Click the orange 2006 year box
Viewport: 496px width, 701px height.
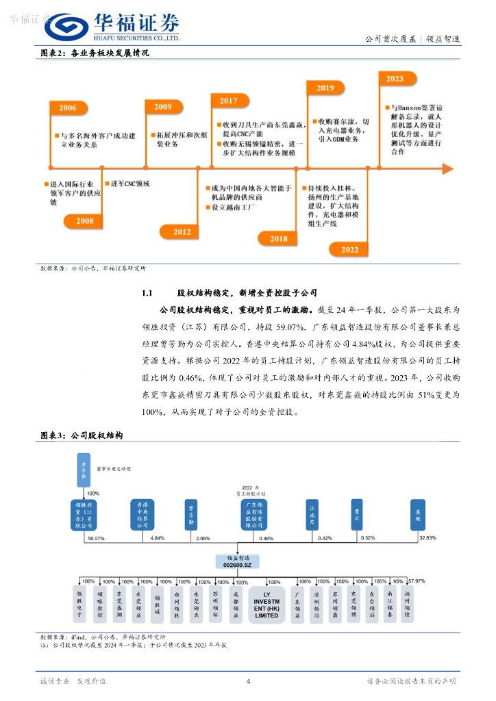(x=68, y=108)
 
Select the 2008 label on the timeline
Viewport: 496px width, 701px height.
(x=85, y=221)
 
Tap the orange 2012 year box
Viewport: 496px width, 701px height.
(x=182, y=232)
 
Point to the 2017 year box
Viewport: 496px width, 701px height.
(x=228, y=101)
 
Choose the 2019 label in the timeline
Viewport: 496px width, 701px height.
(x=325, y=88)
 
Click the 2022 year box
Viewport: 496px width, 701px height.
(x=349, y=250)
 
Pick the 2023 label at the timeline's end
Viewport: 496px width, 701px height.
(x=395, y=79)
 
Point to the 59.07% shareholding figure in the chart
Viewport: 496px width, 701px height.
(x=95, y=538)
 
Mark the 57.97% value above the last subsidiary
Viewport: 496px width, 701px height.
(x=415, y=581)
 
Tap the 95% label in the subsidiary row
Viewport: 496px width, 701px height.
(x=398, y=581)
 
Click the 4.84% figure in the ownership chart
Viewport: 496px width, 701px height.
(x=158, y=538)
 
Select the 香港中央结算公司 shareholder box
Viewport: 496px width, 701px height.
(x=142, y=514)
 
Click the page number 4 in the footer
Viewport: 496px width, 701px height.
(x=248, y=681)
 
